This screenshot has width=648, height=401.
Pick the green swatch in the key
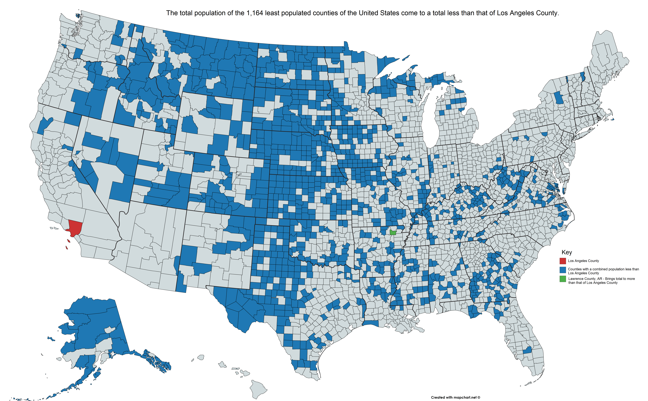(563, 279)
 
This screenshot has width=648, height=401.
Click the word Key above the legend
(566, 252)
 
